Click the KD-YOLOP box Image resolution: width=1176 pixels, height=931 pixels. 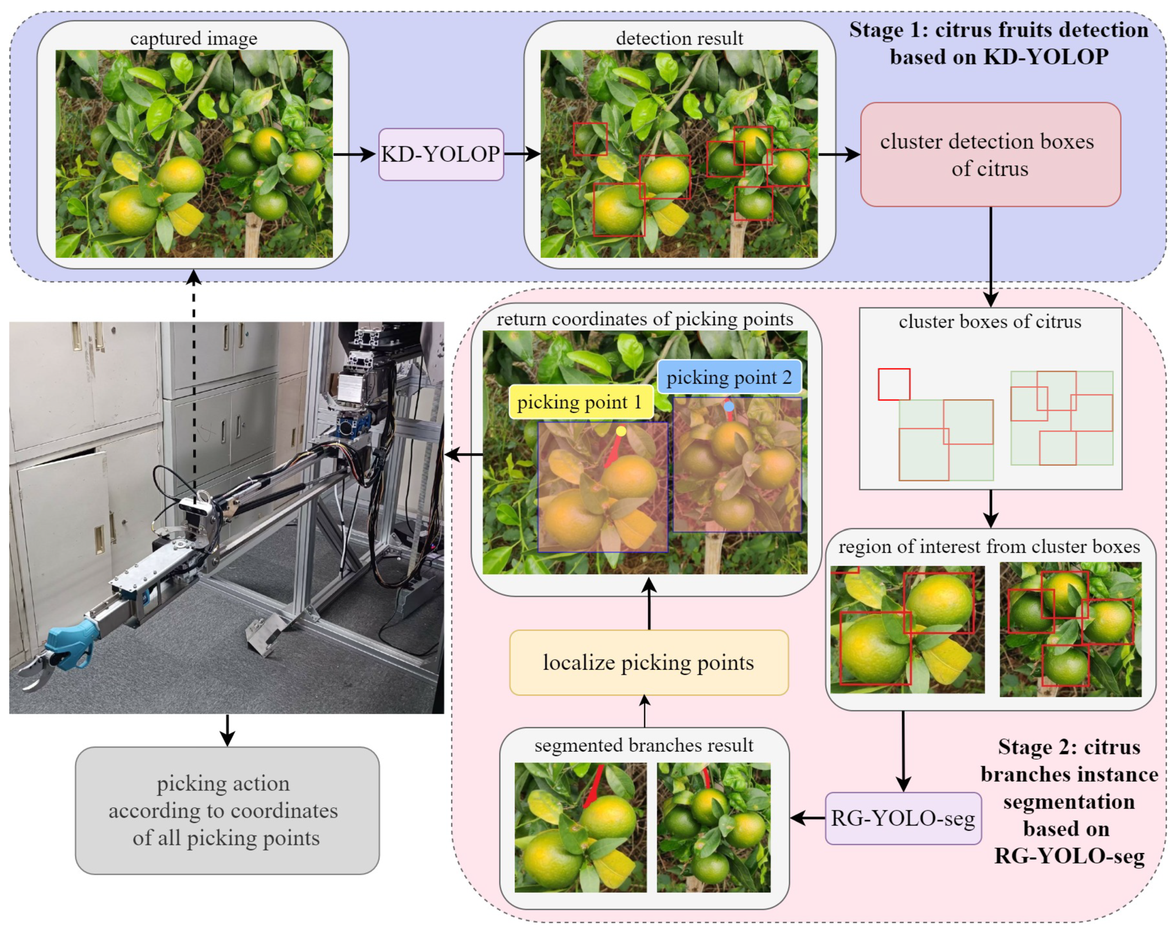tap(441, 154)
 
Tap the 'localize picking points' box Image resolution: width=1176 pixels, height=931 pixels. tap(648, 662)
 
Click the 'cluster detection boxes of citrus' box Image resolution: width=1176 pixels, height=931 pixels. tap(990, 154)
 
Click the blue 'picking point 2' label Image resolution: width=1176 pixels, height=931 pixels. tap(729, 377)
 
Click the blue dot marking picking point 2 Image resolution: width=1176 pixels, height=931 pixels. tap(729, 406)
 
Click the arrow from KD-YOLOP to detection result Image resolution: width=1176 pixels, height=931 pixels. tap(521, 154)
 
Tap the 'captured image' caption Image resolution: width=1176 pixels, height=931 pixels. tap(193, 39)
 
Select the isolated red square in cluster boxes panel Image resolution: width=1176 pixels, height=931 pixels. tap(893, 384)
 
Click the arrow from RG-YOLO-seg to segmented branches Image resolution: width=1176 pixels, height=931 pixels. tap(807, 818)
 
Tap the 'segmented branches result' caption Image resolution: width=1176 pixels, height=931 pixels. tap(644, 745)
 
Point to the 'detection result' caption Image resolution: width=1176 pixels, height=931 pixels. tap(679, 39)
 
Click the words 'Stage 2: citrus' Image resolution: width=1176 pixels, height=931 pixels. tap(1069, 747)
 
